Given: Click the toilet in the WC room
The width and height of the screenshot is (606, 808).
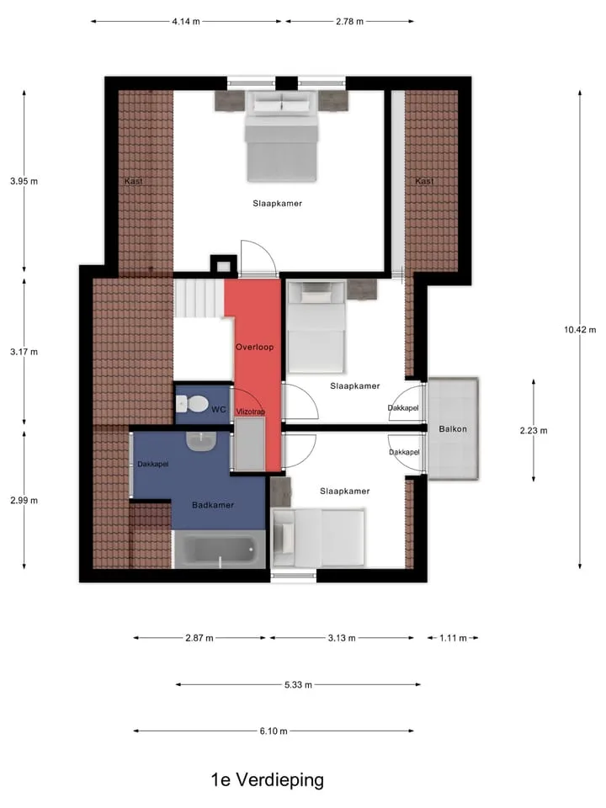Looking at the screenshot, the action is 193,403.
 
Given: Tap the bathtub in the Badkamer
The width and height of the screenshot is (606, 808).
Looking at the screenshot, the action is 220,550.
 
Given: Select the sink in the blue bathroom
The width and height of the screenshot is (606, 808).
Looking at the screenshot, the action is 201,442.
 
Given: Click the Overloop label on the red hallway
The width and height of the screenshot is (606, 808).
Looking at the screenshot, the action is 254,347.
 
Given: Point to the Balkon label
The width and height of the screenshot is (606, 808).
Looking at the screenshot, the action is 453,428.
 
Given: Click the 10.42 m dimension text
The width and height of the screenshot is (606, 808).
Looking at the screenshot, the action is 580,330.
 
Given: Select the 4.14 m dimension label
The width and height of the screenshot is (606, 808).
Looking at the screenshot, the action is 186,22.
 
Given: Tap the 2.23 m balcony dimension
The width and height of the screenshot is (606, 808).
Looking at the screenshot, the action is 534,430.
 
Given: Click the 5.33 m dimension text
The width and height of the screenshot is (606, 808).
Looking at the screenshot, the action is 298,685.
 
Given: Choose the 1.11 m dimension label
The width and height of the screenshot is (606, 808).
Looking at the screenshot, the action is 453,638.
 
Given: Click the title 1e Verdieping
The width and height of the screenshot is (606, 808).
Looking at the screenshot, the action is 268,779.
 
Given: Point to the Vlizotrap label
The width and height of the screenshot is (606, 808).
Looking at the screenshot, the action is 251,412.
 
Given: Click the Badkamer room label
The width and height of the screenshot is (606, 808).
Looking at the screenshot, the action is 213,505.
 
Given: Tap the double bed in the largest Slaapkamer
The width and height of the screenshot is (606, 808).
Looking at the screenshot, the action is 281,136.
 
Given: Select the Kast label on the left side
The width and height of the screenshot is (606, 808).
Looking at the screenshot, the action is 134,181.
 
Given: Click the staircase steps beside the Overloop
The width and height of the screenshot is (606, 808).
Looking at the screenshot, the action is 199,298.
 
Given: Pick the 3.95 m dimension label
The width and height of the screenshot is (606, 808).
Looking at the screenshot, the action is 24,181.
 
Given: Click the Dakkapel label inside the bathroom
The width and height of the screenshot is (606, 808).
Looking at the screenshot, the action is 152,464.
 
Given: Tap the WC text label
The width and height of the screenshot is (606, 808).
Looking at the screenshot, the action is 219,410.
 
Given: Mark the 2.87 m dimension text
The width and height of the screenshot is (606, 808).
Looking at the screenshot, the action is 199,638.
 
